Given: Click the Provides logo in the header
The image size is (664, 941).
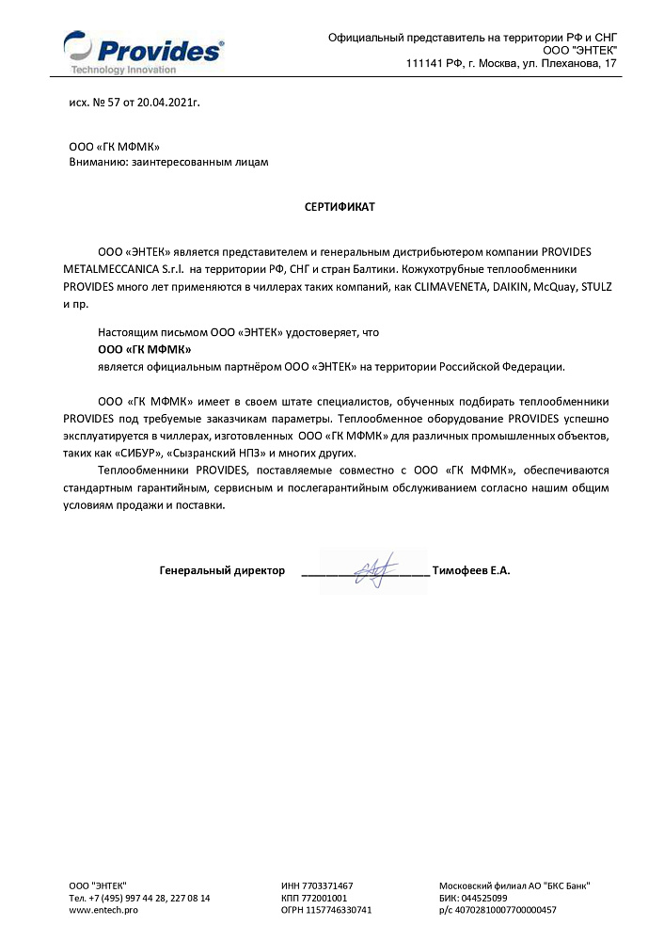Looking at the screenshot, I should pyautogui.click(x=144, y=50).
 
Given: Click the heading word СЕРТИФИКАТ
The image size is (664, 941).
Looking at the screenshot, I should pyautogui.click(x=339, y=206).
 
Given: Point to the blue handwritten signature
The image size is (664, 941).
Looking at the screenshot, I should pyautogui.click(x=369, y=570).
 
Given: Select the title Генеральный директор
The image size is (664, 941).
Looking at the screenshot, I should pyautogui.click(x=222, y=570).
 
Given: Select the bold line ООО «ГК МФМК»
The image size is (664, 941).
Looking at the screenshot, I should pyautogui.click(x=137, y=349).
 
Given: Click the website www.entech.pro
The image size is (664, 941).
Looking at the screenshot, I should pyautogui.click(x=103, y=910).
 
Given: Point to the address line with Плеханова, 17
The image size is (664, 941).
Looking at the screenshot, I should pyautogui.click(x=512, y=63).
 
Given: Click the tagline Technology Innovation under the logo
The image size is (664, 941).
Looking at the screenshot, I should pyautogui.click(x=123, y=70).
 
